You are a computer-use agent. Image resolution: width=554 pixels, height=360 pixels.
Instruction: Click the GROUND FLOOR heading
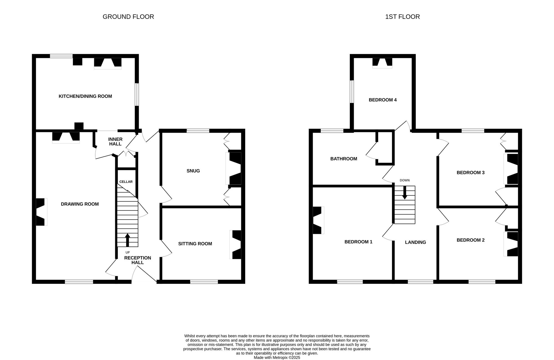[128, 17]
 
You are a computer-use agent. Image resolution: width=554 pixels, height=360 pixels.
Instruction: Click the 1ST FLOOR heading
[402, 17]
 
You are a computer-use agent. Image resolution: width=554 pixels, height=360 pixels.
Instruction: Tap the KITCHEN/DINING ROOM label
[85, 96]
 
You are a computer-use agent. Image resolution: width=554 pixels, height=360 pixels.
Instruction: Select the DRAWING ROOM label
[80, 204]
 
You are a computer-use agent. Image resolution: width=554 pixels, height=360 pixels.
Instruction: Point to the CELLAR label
[126, 182]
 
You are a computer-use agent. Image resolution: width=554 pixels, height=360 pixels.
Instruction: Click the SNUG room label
[193, 171]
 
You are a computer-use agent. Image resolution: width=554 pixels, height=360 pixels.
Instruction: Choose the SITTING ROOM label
[195, 244]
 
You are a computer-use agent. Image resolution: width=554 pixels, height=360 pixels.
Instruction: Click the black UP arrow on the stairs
[127, 240]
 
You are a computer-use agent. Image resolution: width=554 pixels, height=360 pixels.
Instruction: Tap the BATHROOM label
[343, 159]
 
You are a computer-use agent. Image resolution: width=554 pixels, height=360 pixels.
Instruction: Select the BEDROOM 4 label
[383, 100]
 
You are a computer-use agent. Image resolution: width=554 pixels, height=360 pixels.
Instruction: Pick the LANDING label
[415, 242]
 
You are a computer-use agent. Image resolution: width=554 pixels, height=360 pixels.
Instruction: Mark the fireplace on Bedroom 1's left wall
[318, 220]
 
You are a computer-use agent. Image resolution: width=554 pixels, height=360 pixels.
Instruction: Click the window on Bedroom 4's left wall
[352, 91]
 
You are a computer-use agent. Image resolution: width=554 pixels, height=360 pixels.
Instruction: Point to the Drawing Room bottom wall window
[79, 282]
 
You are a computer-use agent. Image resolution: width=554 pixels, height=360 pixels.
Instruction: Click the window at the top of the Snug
[198, 131]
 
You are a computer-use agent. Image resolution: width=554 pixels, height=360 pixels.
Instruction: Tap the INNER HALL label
[115, 142]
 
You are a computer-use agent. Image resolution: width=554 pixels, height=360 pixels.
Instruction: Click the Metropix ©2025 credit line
[277, 358]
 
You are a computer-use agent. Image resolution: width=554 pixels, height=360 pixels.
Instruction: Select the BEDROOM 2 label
[470, 240]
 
